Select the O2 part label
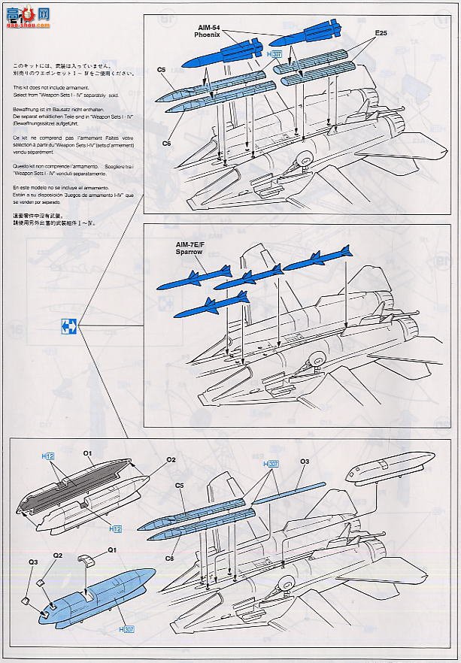click(171, 459)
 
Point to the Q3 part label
click(33, 562)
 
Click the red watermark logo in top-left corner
click(27, 14)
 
